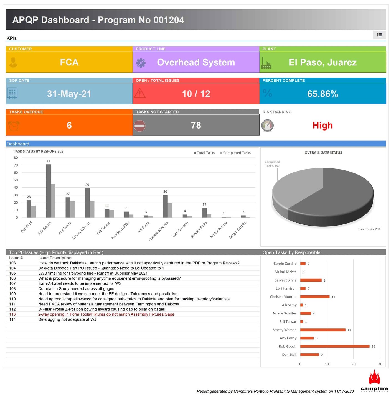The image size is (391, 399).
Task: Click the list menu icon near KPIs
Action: [x=379, y=35]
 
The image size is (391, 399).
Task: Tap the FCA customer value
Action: [x=69, y=62]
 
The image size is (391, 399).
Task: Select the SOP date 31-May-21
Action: [x=69, y=94]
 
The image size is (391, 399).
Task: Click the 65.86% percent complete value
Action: [x=323, y=94]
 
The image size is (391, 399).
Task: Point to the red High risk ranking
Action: [x=323, y=126]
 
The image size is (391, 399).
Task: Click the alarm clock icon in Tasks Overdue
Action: [x=14, y=126]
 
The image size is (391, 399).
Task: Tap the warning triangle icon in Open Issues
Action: [x=140, y=93]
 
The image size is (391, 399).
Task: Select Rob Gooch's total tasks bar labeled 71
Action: [x=49, y=191]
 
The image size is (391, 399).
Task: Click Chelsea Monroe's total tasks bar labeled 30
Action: [x=165, y=206]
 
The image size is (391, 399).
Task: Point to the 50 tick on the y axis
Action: [x=16, y=180]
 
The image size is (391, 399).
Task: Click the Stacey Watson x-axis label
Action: [x=81, y=230]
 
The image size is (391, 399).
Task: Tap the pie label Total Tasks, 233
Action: [x=369, y=229]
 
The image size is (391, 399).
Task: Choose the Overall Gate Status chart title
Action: [x=323, y=153]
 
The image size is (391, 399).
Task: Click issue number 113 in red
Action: [x=12, y=314]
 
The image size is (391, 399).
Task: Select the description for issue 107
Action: [x=80, y=283]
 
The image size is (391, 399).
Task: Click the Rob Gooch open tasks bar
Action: [x=335, y=346]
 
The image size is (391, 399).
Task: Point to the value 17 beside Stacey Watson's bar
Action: [x=349, y=330]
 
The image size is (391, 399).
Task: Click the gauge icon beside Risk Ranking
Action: [x=267, y=126]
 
